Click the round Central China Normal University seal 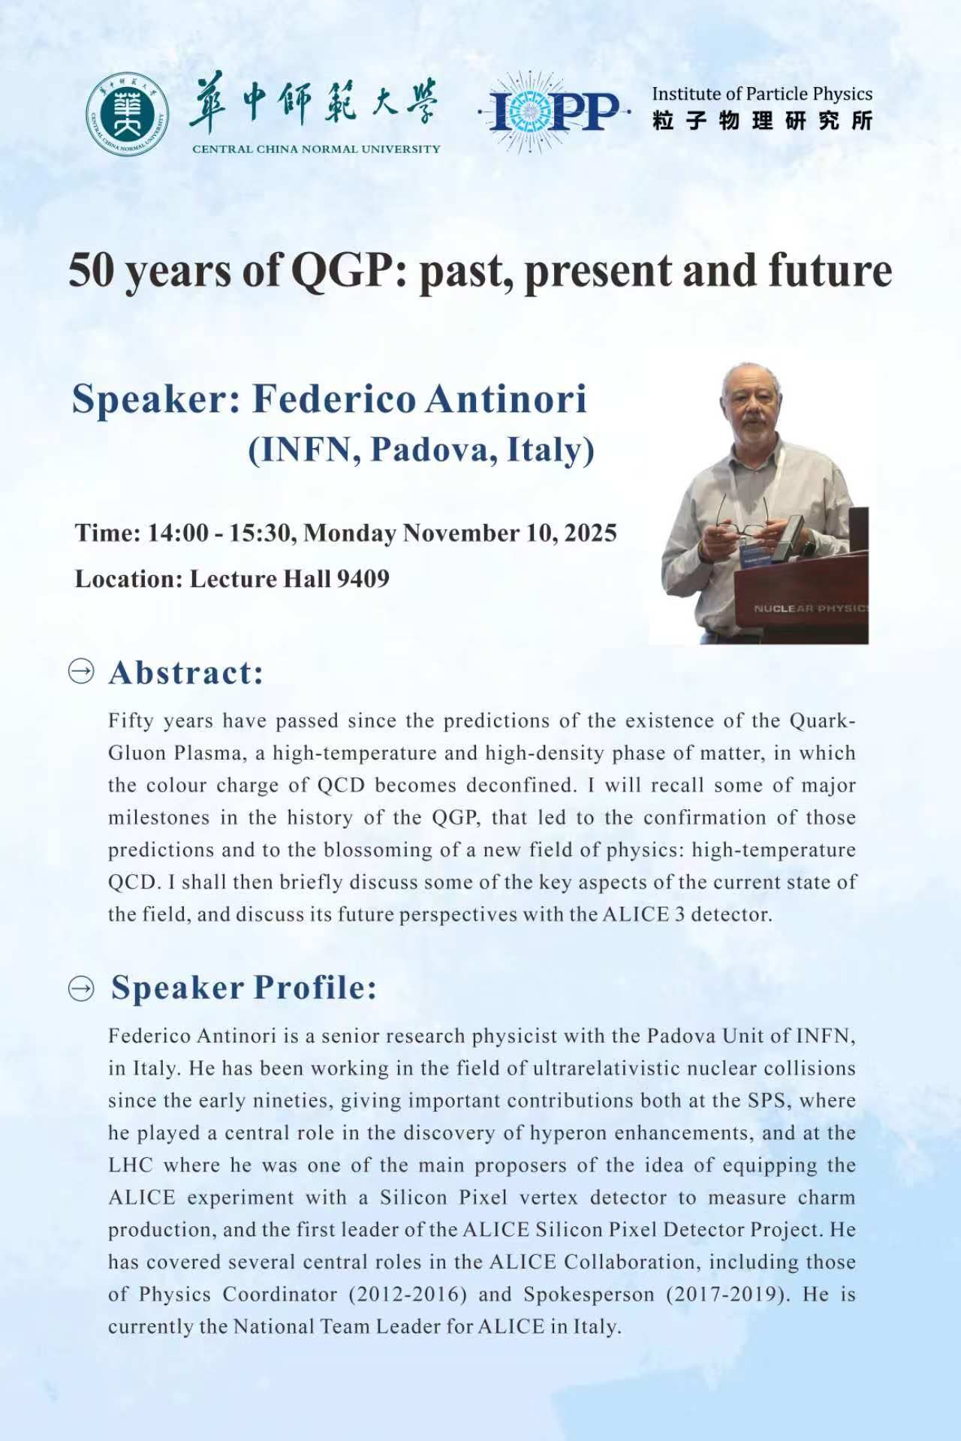[126, 115]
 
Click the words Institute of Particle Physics [762, 95]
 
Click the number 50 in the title [91, 271]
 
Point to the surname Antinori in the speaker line [506, 398]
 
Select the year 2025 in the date [590, 533]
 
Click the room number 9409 [363, 579]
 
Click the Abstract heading [186, 672]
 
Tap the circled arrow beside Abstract [81, 671]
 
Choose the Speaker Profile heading [244, 988]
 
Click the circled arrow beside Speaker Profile [81, 989]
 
